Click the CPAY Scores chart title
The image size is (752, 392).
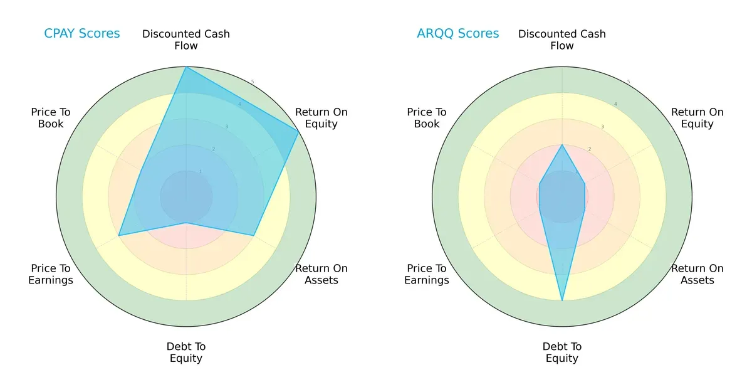tap(81, 33)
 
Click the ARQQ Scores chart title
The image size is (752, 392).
tap(457, 33)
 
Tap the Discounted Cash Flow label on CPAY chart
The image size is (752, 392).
tap(186, 40)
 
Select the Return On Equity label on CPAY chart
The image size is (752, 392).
tap(321, 118)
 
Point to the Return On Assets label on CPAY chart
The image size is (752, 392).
tap(321, 274)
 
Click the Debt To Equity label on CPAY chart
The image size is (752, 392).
tap(186, 352)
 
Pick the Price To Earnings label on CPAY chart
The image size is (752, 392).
tap(51, 274)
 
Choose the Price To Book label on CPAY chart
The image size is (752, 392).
tap(51, 118)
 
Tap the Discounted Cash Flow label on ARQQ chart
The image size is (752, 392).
tap(562, 40)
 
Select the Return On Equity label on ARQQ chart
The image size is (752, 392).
tap(697, 118)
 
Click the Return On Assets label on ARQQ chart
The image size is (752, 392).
tap(697, 274)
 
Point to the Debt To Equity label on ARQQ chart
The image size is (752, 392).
tap(562, 352)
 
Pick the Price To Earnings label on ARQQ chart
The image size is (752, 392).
tap(427, 274)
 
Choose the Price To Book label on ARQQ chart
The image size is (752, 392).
tap(427, 118)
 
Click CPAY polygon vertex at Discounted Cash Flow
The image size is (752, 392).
tap(186, 67)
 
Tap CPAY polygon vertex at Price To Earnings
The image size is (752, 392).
tap(119, 236)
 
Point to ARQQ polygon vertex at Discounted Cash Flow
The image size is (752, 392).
tap(562, 145)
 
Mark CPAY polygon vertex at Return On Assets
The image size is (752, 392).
tap(253, 236)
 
